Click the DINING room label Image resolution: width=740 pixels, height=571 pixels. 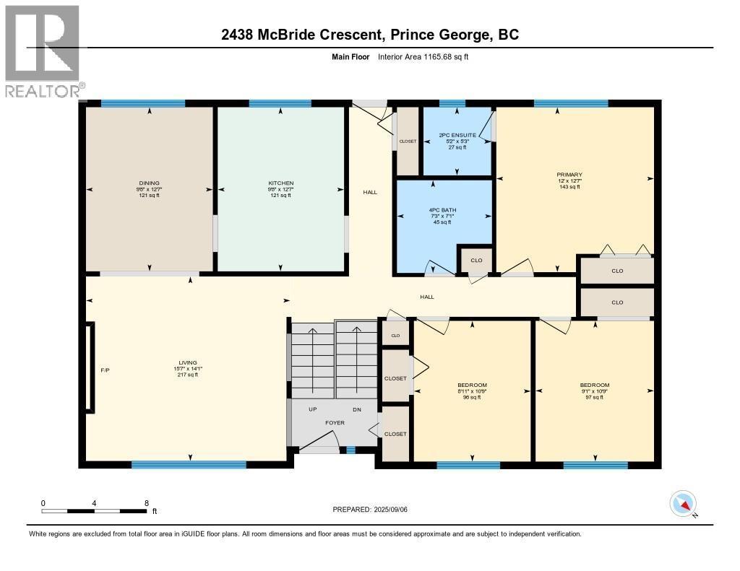pos(150,183)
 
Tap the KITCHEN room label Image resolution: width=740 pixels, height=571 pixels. pos(280,183)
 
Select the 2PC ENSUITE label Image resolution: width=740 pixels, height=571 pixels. pos(457,135)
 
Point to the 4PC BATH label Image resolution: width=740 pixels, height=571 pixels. pos(442,210)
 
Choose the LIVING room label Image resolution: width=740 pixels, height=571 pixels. pos(188,363)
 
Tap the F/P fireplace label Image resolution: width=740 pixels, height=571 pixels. pos(105,370)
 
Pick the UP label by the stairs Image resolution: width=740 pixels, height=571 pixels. pos(312,409)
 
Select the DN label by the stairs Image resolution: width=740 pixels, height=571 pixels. pos(356,409)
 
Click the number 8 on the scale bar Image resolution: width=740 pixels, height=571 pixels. pos(147,503)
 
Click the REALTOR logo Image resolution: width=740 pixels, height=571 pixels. pos(43,51)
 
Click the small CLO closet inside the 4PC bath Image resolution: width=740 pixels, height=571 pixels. pos(476,261)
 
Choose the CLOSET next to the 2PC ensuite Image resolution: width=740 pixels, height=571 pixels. pos(408,141)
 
